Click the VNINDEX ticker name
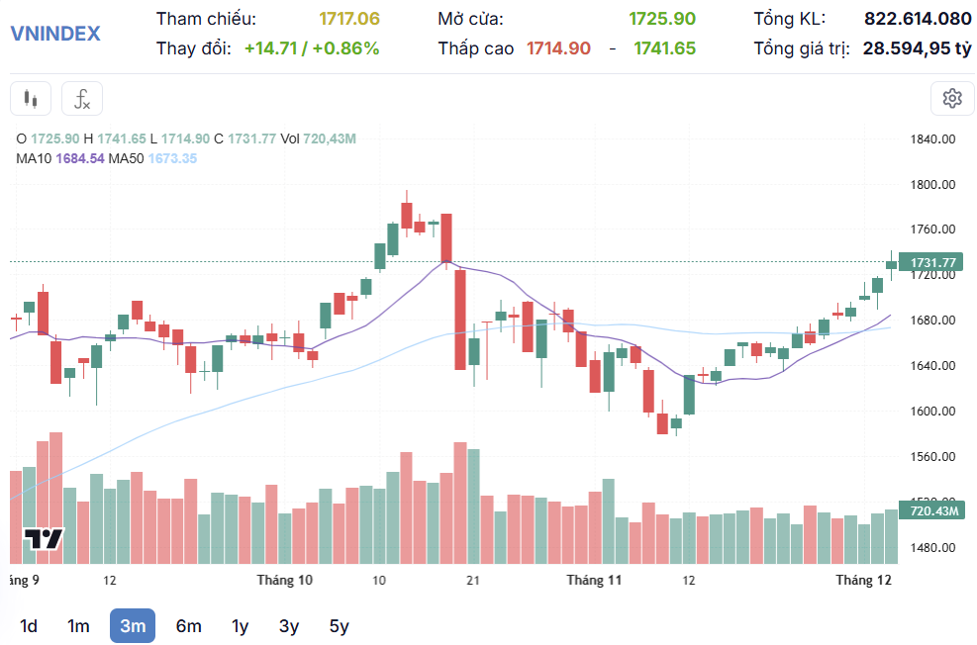(55, 33)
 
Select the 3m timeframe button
(133, 625)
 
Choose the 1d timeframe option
(29, 625)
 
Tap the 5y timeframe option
(339, 625)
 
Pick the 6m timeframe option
(188, 625)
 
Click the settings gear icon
(952, 98)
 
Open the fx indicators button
(82, 98)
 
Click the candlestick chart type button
(31, 98)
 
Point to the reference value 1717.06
(348, 19)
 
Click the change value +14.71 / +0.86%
(312, 47)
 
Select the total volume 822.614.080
(918, 19)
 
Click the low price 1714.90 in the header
(558, 47)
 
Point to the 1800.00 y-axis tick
(931, 184)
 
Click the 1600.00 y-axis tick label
(931, 411)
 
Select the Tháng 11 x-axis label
(594, 580)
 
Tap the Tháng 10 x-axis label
(284, 580)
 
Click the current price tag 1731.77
(933, 262)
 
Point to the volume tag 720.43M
(933, 510)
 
